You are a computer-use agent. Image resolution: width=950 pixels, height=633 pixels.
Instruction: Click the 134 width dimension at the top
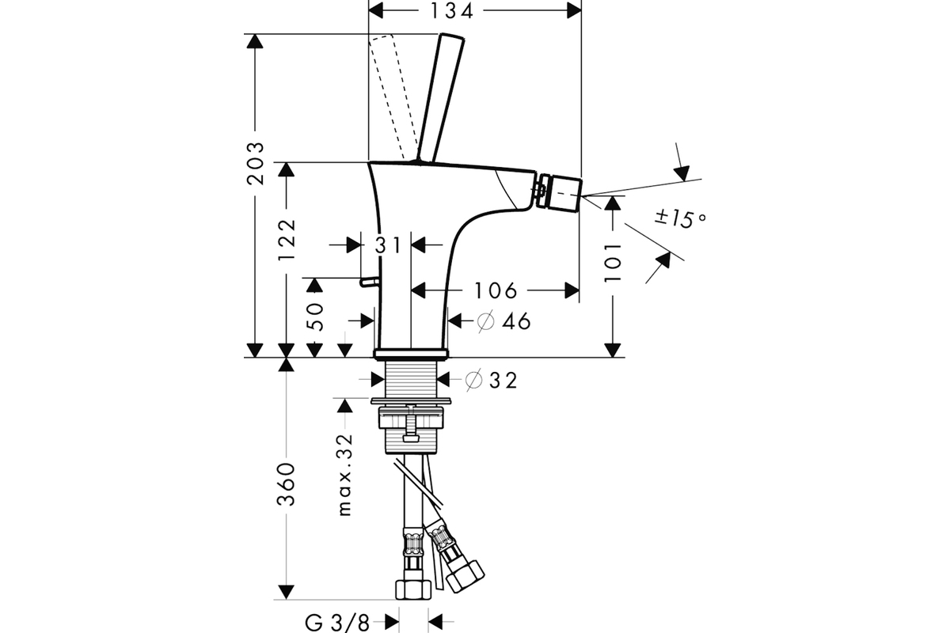[x=451, y=11]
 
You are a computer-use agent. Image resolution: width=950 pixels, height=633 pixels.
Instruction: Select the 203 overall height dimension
[x=255, y=164]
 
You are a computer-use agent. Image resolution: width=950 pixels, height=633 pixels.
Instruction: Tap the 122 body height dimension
[x=287, y=239]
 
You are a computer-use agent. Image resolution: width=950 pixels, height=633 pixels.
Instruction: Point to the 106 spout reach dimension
[x=496, y=291]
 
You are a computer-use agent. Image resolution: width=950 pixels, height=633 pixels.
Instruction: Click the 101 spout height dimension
[x=613, y=263]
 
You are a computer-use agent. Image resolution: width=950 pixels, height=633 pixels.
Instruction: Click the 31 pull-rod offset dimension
[x=388, y=245]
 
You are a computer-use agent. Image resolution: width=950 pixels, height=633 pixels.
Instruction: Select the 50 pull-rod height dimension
[x=315, y=316]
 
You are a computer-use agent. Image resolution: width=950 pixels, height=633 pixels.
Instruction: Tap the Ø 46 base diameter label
[x=503, y=321]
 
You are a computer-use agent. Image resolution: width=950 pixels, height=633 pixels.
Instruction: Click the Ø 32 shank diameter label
[x=491, y=380]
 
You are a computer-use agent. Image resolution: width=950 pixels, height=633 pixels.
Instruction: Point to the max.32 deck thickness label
[x=345, y=475]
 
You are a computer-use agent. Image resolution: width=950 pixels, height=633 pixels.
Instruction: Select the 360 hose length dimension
[x=287, y=484]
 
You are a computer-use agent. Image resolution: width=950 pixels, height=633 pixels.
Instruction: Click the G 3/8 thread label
[x=336, y=624]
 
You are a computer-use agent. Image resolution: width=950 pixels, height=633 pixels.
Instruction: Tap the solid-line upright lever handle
[x=440, y=98]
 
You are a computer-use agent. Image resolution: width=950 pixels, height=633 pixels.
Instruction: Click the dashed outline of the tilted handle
[x=393, y=97]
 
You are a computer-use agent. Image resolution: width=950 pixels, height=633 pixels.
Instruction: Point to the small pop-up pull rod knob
[x=370, y=282]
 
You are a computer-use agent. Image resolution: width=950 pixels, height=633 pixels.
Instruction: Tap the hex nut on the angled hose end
[x=465, y=576]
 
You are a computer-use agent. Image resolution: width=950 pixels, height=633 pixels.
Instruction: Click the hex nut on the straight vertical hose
[x=413, y=589]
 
